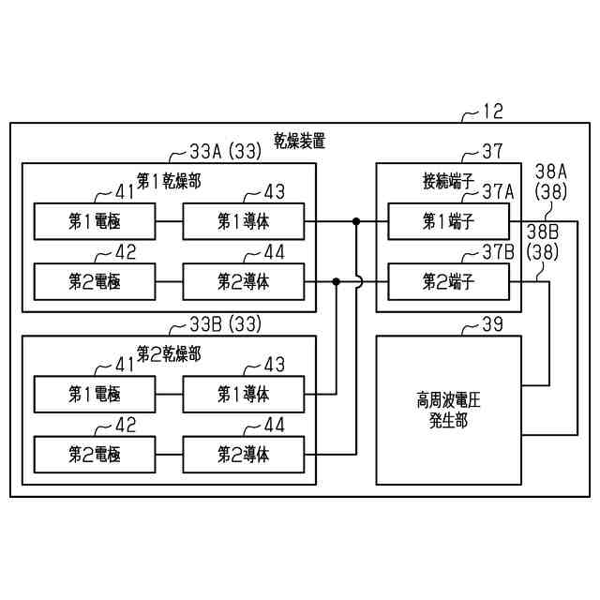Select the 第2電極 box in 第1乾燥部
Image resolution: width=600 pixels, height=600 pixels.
(94, 280)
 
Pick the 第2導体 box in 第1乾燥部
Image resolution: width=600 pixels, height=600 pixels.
(244, 280)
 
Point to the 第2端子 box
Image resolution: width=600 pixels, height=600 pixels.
(449, 280)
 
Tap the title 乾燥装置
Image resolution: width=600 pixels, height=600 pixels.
(300, 142)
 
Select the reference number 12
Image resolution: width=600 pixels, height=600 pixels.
(492, 112)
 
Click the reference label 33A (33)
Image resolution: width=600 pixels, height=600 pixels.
(225, 151)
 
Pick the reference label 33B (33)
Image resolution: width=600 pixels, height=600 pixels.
(225, 324)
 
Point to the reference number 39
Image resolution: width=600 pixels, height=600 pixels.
(492, 324)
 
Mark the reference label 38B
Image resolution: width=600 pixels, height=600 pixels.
(543, 230)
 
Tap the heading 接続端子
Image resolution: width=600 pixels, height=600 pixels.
(448, 178)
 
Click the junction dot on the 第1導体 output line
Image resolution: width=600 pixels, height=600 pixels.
(356, 221)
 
